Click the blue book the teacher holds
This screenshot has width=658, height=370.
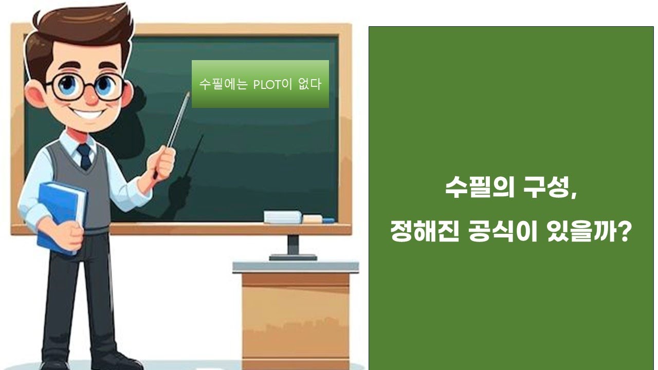pyautogui.click(x=61, y=216)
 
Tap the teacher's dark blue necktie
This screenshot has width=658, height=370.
pyautogui.click(x=84, y=156)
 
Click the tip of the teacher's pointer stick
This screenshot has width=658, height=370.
pyautogui.click(x=188, y=94)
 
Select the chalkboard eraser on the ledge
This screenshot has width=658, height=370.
pyautogui.click(x=283, y=217)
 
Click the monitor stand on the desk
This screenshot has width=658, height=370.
pyautogui.click(x=293, y=248)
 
